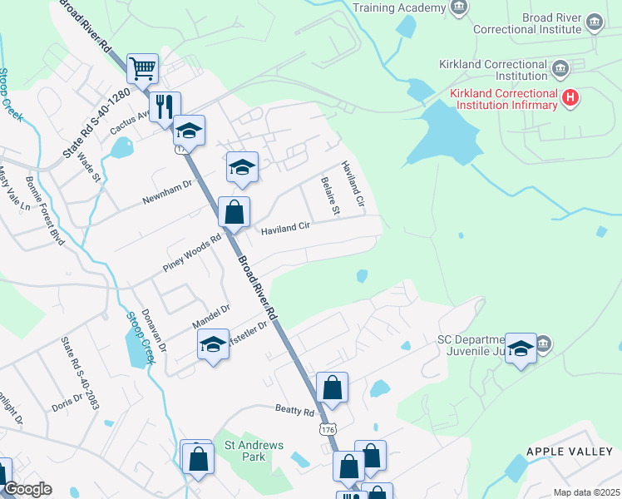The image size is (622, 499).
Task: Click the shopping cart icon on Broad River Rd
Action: point(143,68)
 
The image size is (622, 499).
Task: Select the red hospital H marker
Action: point(570,98)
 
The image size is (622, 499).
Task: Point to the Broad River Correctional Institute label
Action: point(527,22)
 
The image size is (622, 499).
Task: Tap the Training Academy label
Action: point(399,7)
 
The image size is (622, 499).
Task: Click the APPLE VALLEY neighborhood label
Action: point(568,451)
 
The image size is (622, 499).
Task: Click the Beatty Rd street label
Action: point(295,411)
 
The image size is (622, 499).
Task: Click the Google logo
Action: point(27,489)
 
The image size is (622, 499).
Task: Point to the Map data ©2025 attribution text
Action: point(585,492)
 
